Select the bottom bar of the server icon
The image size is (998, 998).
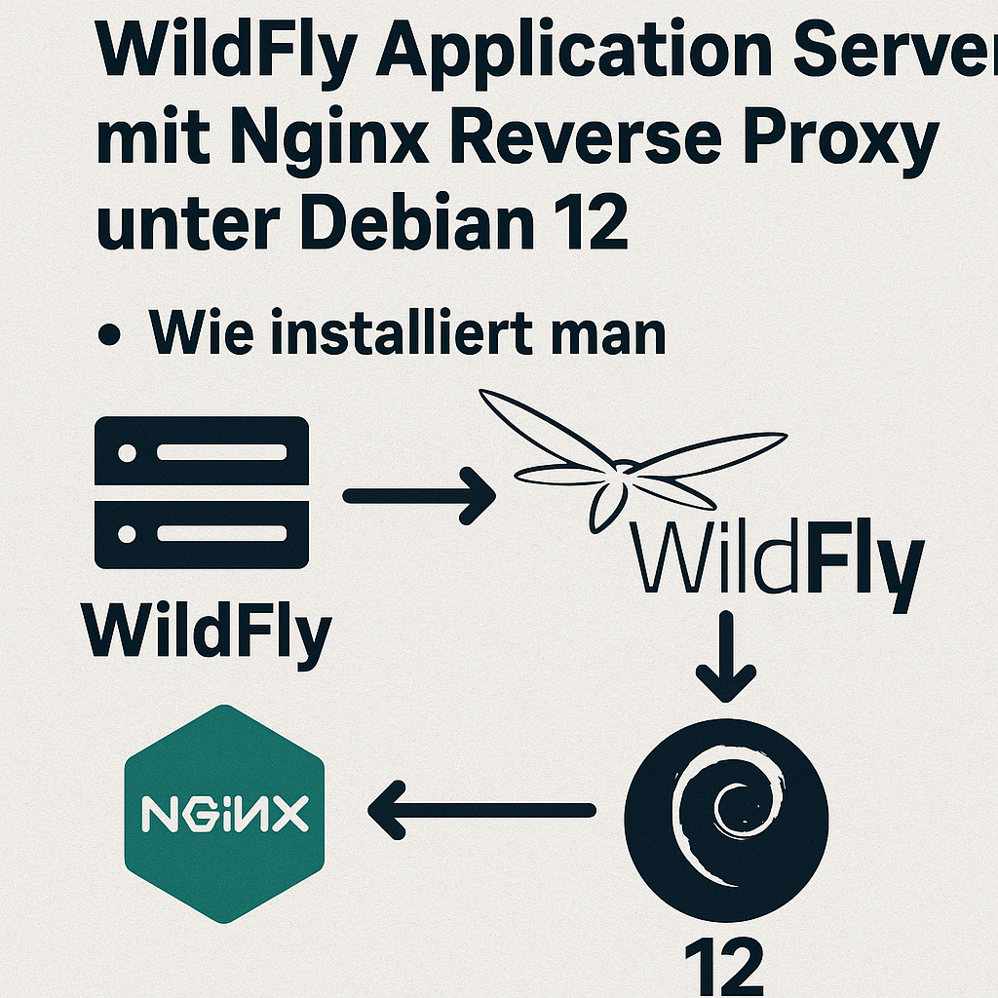click(202, 534)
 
